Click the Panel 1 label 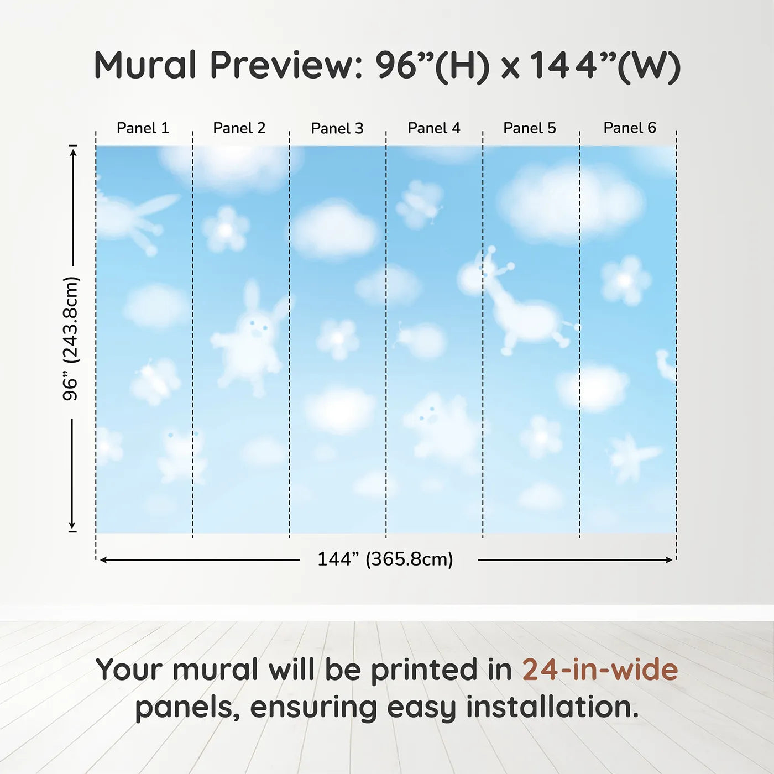143,128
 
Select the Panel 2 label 239,128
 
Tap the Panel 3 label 337,128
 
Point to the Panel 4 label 434,128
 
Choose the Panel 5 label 530,128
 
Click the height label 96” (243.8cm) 71,338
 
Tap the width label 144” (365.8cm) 385,559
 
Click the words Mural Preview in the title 228,65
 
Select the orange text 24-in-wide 600,669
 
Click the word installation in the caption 552,707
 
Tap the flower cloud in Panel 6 625,280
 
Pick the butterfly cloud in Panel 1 155,380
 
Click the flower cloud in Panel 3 337,338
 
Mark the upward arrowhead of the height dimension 72,153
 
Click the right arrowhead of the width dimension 669,559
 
